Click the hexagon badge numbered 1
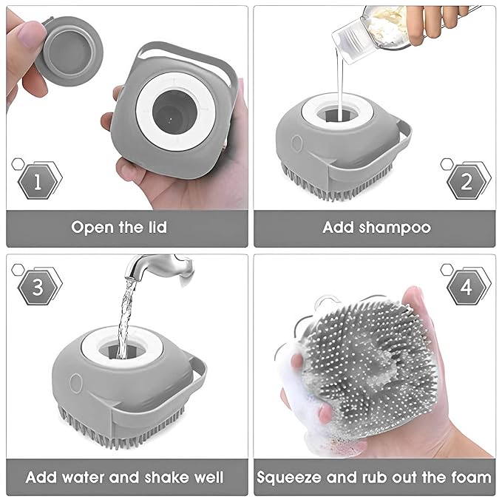pos(38,182)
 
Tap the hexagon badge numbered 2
pos(467,182)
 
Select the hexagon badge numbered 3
pos(38,287)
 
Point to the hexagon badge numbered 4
pos(467,287)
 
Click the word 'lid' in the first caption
pos(157,227)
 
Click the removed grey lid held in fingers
pos(69,51)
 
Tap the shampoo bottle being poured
pos(371,32)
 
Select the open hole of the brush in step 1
pos(173,112)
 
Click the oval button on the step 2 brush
pos(296,143)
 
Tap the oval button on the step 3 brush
pos(76,383)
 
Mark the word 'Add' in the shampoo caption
pos(338,228)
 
